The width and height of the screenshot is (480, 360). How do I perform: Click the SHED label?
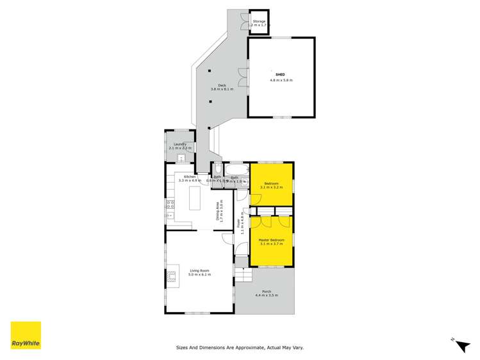click(280, 75)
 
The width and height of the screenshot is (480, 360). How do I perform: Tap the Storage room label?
click(259, 22)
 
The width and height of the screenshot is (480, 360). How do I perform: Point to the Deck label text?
click(222, 85)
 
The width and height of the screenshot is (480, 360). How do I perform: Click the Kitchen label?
click(190, 177)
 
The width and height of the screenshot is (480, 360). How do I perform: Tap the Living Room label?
click(200, 270)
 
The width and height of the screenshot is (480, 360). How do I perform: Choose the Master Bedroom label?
click(271, 240)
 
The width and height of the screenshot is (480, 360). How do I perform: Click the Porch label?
click(267, 291)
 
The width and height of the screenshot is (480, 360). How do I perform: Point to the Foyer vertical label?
click(238, 224)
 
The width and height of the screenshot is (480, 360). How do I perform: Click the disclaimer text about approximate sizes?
click(240, 348)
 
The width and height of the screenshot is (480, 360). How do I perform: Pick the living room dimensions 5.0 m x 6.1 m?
click(200, 274)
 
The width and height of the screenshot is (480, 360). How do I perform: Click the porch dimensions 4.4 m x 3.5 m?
click(267, 295)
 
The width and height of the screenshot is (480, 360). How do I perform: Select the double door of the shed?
click(240, 78)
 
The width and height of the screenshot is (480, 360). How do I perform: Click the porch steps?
click(243, 275)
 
